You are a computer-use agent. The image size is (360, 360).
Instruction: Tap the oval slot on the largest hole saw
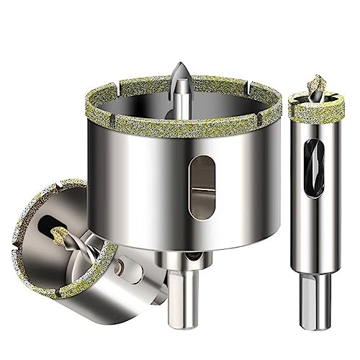click(204, 184)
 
